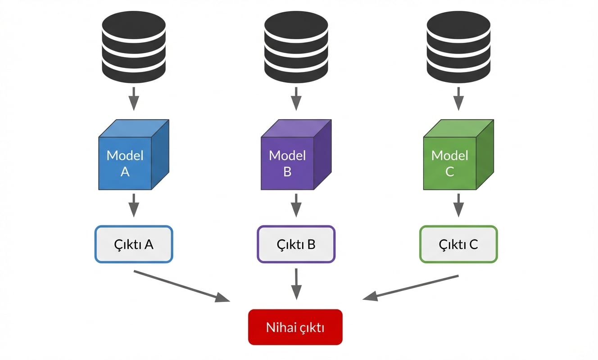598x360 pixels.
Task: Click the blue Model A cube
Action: coord(133,155)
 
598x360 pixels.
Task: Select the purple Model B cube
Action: coord(295,155)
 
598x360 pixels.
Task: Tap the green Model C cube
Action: coord(458,155)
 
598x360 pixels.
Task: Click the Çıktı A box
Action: coord(134,244)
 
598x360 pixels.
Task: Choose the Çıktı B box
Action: coord(296,244)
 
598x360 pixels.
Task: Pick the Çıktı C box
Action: coord(458,244)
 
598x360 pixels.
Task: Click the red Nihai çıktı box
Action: coord(295,327)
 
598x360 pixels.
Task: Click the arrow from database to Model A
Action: coord(134,99)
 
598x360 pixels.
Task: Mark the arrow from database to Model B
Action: coord(296,99)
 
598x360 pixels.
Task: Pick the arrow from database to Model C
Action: coord(458,99)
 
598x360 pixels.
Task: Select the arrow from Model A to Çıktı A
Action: coord(134,205)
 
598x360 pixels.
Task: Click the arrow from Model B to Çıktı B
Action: coord(296,205)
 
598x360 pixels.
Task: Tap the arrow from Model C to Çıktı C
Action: coord(458,205)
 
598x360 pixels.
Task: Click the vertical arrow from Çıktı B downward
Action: coord(296,284)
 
